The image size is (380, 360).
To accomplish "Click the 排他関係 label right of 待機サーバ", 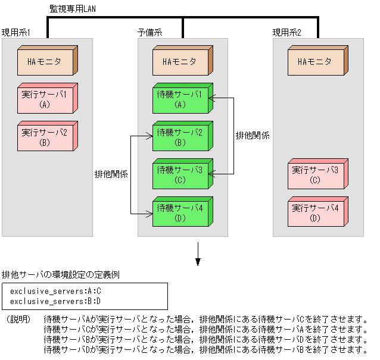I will (x=253, y=136).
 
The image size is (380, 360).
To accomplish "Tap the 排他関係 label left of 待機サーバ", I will (x=112, y=174).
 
